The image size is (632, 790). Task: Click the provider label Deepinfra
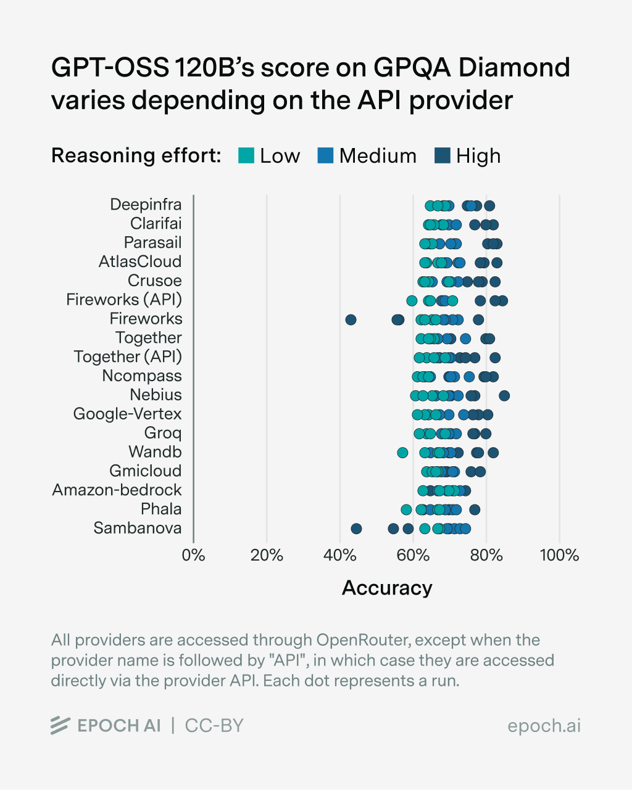[x=146, y=205]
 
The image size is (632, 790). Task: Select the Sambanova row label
[x=138, y=529]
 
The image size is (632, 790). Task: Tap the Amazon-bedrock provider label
[x=117, y=490]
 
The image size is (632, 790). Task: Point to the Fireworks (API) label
[x=124, y=300]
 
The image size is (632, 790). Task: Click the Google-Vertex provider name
[x=127, y=414]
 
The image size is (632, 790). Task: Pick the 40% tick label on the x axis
[x=339, y=556]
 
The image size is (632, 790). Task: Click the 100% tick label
[x=559, y=556]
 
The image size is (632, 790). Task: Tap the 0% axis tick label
[x=193, y=556]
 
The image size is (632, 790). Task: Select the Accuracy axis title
[x=387, y=588]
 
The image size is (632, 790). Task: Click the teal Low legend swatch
[x=246, y=155]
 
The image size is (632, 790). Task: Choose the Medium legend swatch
[x=325, y=155]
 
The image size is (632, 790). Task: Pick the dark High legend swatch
[x=443, y=155]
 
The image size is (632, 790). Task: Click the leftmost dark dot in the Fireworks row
[x=351, y=319]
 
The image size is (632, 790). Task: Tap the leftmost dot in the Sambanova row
[x=356, y=529]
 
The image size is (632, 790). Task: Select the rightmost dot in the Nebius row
[x=504, y=395]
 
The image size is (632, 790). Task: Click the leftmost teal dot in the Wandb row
[x=402, y=453]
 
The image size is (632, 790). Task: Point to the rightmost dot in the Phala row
[x=475, y=509]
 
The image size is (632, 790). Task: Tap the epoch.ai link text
[x=544, y=726]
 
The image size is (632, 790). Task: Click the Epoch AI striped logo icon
[x=60, y=726]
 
